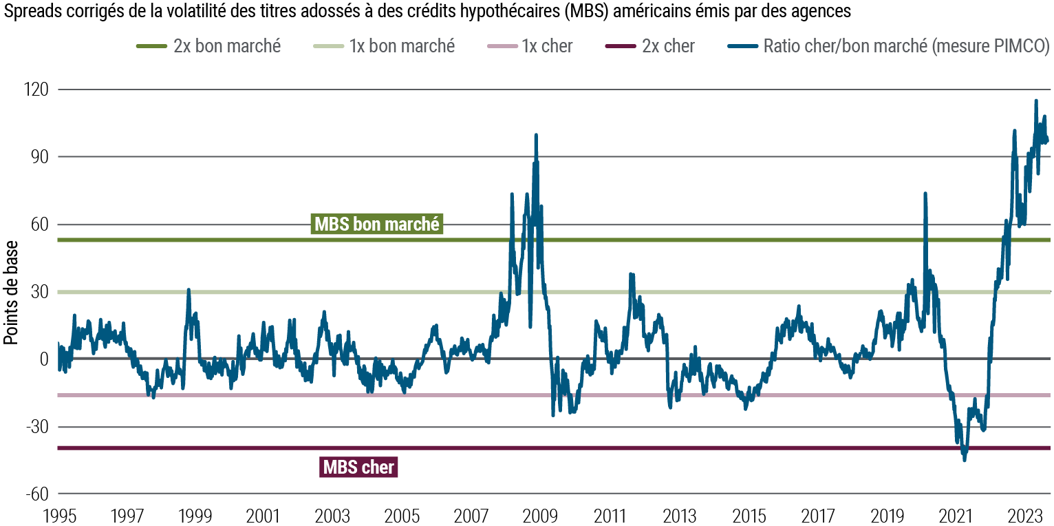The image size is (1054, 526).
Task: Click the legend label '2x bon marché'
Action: tap(227, 46)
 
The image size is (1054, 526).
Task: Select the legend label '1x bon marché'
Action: tap(402, 46)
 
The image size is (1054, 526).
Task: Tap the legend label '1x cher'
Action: tap(547, 46)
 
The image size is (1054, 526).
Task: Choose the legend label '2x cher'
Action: tap(668, 46)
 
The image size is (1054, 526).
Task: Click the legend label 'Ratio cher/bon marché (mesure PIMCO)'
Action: tap(906, 46)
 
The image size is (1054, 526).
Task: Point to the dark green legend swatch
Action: tap(151, 47)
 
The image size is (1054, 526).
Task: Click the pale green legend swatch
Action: tap(329, 47)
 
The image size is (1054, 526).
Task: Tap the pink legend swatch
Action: tap(502, 47)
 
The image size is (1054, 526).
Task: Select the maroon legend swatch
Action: tap(621, 47)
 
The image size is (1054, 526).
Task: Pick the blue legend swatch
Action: tap(742, 47)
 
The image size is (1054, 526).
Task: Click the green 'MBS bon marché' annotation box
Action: tap(376, 224)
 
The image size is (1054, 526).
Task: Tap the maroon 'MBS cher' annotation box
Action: tap(358, 467)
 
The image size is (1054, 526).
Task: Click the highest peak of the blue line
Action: tap(1036, 101)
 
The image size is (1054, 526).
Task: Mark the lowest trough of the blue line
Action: tap(964, 460)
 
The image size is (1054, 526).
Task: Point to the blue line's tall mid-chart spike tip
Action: tap(535, 135)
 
